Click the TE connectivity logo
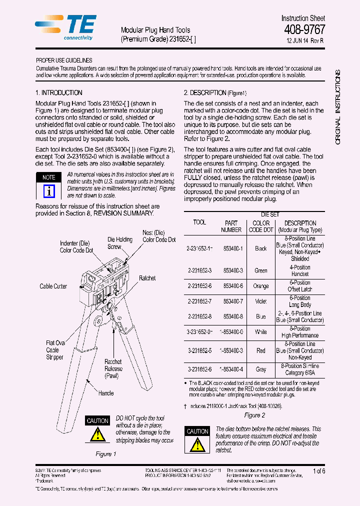pos(63,27)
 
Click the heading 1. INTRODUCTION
pos(59,93)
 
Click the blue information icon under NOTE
pos(48,191)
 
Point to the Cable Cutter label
pos(53,286)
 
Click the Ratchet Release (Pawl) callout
pos(113,368)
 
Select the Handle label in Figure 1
pos(106,393)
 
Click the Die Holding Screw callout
pos(120,243)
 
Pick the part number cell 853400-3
pos(233,270)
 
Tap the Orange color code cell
pos(261,286)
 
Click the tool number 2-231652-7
pos(199,301)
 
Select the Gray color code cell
pos(261,369)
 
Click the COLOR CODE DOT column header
pos(261,226)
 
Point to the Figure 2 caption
pos(254,415)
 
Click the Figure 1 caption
pos(106,454)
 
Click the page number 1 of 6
pos(319,471)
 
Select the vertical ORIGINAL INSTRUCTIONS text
pos(338,107)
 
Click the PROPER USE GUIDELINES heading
pos(64,60)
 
